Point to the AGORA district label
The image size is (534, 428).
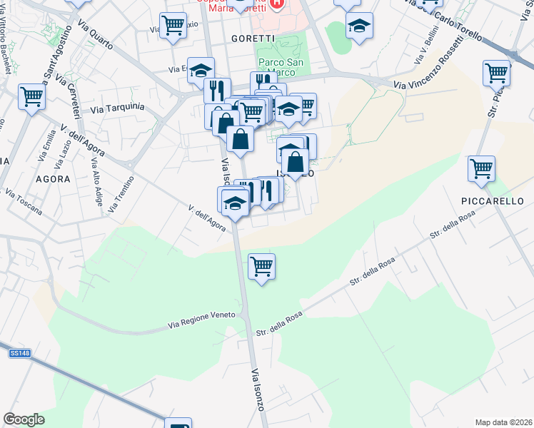(52, 179)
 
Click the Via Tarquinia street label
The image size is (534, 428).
(118, 109)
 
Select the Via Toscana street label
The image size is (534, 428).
(24, 202)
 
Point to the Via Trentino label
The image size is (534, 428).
(121, 195)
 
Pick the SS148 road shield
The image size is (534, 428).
(19, 354)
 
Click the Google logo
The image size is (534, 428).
(24, 419)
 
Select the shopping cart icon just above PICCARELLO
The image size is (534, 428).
(482, 169)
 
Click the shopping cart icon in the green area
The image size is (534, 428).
(262, 267)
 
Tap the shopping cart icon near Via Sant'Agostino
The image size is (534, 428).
(31, 96)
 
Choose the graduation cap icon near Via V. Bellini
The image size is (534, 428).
(359, 26)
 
